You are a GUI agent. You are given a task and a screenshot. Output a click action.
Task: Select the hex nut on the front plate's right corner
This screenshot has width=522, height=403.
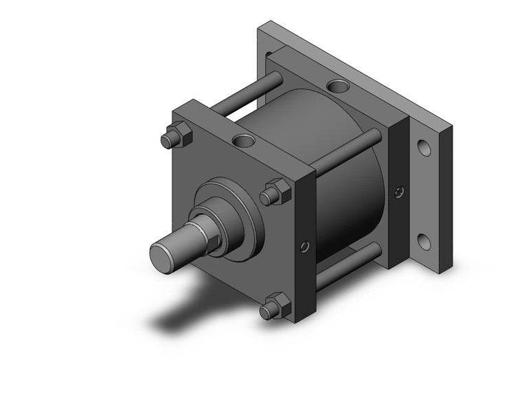point(276,192)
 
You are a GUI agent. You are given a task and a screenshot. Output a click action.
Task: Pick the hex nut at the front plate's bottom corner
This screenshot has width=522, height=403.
point(275,306)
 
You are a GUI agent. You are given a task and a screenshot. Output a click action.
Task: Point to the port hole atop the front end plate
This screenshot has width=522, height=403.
point(243,141)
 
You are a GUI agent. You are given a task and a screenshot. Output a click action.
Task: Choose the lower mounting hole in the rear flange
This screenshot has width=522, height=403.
point(425,241)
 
